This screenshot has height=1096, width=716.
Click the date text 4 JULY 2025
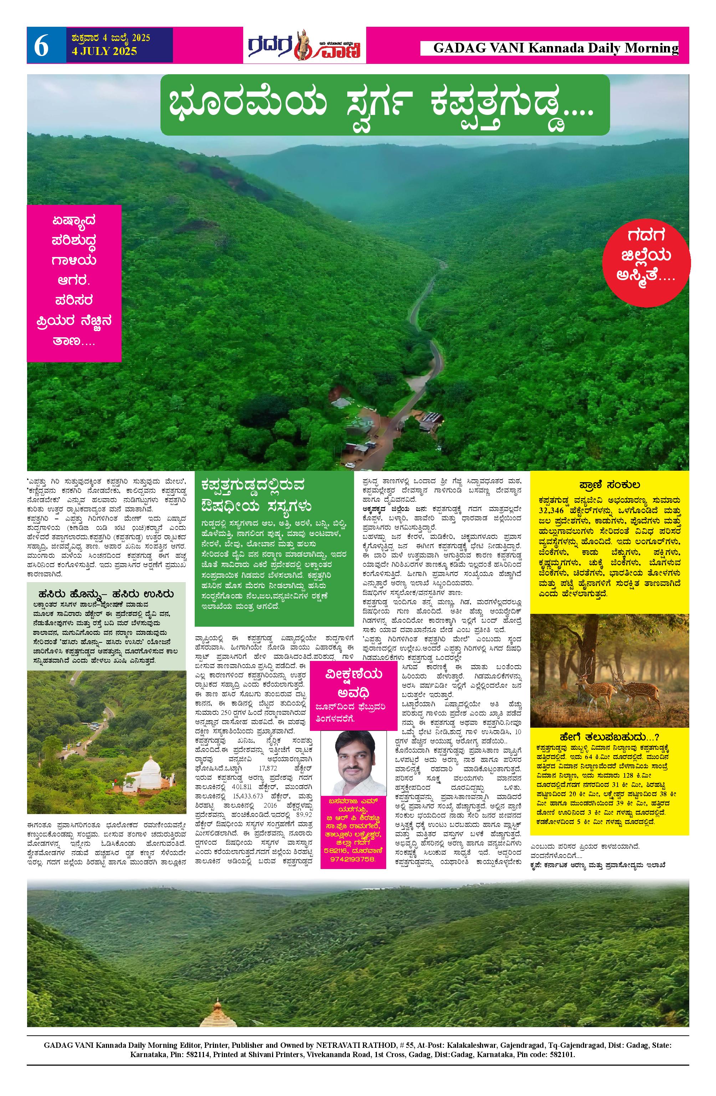(x=104, y=51)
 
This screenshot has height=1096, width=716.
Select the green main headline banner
(x=385, y=105)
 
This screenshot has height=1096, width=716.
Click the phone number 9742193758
(x=353, y=859)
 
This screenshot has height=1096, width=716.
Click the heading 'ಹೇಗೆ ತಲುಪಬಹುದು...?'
(x=609, y=736)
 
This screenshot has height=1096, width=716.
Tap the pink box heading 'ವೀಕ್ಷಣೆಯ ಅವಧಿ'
(x=353, y=683)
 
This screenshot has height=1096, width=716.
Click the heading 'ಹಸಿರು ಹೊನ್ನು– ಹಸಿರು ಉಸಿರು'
(x=106, y=594)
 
